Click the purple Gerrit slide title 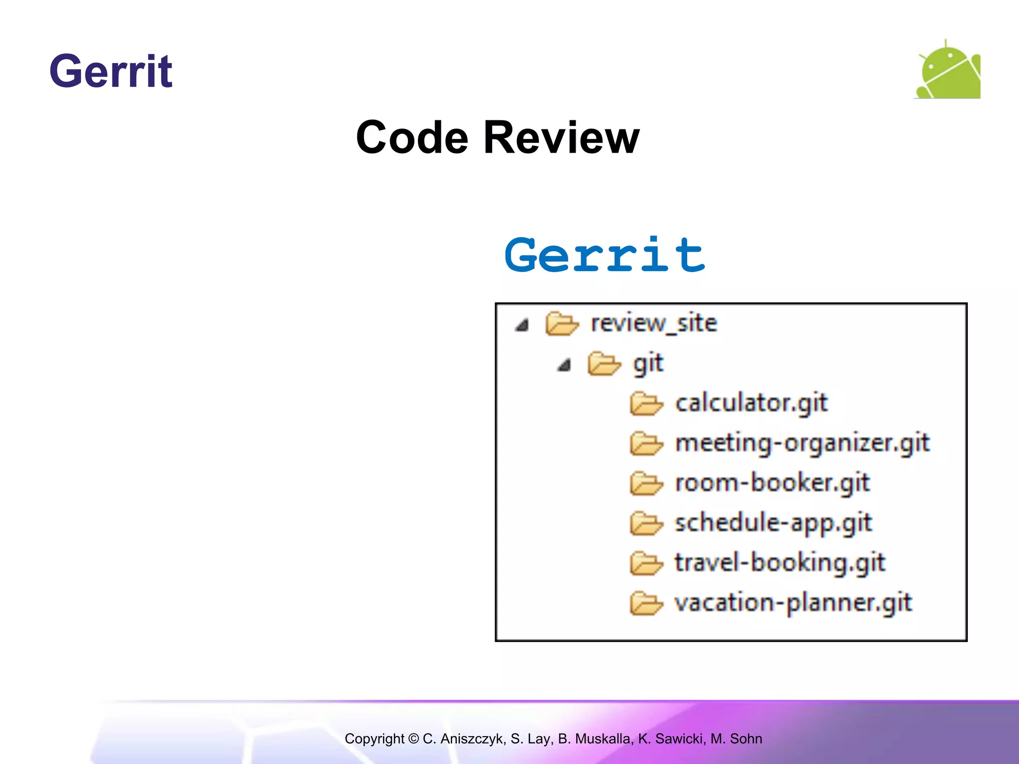(110, 72)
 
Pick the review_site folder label (654, 323)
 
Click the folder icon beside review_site (562, 324)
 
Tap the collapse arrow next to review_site (521, 325)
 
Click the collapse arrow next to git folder (564, 366)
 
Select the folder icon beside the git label (604, 364)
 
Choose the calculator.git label (751, 403)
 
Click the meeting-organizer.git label (802, 443)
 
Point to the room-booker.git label (772, 483)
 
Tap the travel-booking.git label (780, 563)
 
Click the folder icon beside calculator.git (646, 403)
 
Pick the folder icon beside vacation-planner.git (646, 604)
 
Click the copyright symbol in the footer (413, 739)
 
